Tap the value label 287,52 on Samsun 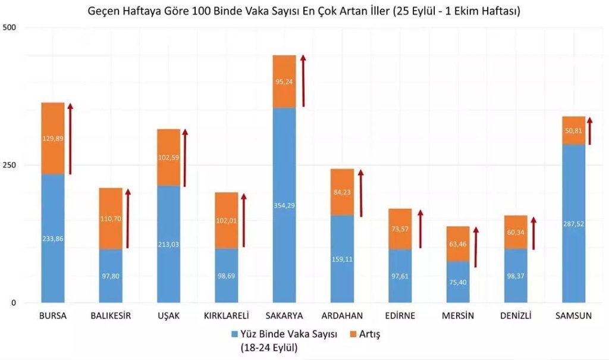click(573, 224)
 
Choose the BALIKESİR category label click(111, 315)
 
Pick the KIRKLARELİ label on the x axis click(226, 315)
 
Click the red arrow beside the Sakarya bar click(303, 80)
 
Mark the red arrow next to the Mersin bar click(476, 244)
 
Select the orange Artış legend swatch click(353, 334)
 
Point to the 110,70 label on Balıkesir click(111, 219)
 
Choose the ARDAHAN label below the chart click(342, 315)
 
